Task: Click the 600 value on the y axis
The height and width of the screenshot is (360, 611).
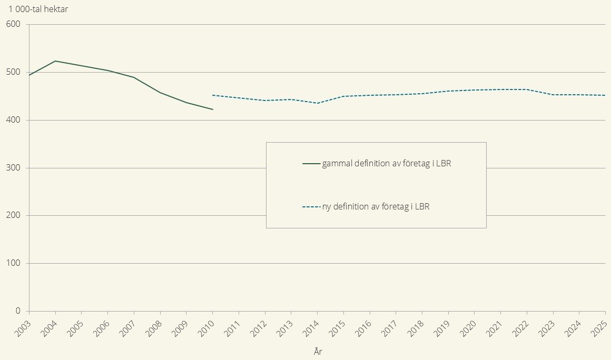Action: [13, 24]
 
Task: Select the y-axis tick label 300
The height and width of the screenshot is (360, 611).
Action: [13, 168]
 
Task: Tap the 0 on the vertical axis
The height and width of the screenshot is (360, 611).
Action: [18, 311]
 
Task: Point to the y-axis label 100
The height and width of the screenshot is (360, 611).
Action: [13, 263]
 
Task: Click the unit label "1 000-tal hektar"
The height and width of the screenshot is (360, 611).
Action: [38, 9]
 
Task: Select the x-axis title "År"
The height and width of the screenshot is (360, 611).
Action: [317, 352]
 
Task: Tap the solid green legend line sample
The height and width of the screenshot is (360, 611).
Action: [311, 164]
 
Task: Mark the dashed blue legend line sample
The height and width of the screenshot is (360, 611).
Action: [311, 207]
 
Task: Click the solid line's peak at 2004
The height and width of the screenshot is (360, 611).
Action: [55, 61]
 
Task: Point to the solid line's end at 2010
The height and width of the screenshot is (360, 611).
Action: [212, 109]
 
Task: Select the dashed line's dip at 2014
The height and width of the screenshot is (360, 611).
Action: [317, 103]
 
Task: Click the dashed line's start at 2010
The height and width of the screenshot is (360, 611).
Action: [212, 95]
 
